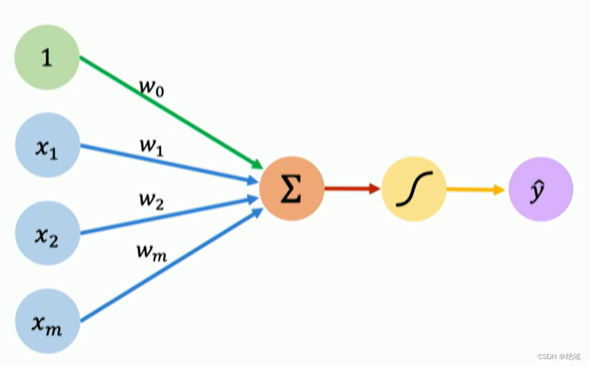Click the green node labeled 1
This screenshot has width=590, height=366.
47,57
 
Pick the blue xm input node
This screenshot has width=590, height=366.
48,321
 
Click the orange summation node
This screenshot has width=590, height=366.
292,189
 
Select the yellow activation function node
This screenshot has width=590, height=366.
414,189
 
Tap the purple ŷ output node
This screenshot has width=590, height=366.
541,189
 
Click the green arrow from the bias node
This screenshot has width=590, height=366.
169,112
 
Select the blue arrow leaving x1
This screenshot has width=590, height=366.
169,164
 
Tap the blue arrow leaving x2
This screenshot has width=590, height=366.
169,216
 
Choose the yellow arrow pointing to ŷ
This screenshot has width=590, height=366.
476,189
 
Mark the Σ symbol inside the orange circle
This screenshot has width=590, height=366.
291,190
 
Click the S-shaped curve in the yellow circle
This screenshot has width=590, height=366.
414,189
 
